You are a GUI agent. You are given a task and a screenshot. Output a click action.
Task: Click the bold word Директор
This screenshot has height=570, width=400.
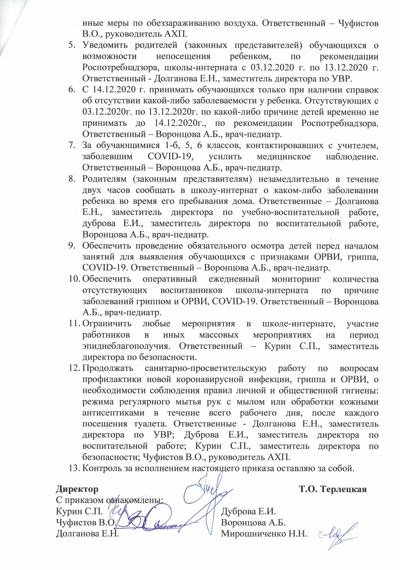click(x=77, y=489)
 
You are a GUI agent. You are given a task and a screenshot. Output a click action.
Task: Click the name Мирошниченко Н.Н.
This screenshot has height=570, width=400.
click(x=264, y=534)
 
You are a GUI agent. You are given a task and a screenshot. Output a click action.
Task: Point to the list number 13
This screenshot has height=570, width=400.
click(x=74, y=468)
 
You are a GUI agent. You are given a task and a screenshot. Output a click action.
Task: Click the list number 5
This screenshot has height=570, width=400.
click(x=71, y=45)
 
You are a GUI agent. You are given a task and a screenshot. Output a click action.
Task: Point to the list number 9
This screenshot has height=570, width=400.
click(x=71, y=246)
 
